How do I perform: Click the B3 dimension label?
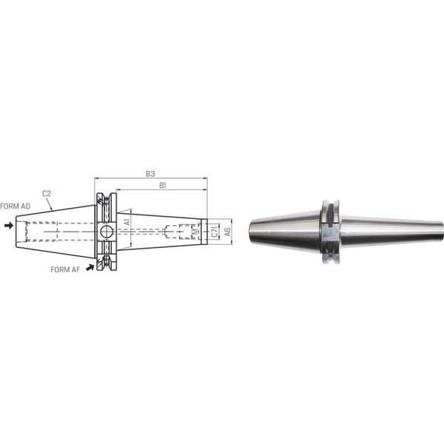[150, 174]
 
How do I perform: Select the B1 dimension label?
[162, 186]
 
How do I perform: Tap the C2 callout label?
[47, 194]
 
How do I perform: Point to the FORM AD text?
[15, 206]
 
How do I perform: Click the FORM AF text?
[65, 269]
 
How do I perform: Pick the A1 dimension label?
[127, 221]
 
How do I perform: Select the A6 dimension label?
[227, 232]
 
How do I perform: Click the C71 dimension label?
[215, 232]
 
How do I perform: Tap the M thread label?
[195, 232]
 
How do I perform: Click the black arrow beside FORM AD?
[9, 226]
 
